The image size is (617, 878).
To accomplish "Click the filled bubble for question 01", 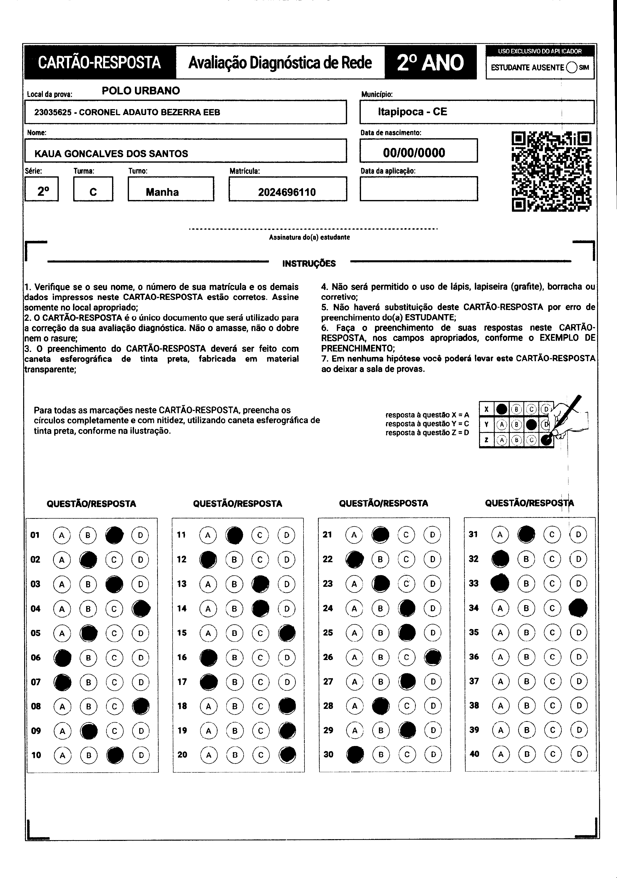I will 114,535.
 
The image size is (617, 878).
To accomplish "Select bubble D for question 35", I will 578,632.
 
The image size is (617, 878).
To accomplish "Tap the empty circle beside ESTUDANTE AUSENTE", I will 572,67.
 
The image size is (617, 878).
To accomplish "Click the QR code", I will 552,171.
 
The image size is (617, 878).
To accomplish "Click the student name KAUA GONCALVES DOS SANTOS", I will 111,154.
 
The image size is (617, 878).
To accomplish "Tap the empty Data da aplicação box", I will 419,189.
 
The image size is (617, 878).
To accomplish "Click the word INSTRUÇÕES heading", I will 309,264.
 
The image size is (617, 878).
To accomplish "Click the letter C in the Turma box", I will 93,192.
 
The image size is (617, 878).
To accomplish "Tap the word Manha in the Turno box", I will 162,192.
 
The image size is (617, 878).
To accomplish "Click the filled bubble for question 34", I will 578,608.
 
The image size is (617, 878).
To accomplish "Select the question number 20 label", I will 182,754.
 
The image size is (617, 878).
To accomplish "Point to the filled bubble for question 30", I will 355,754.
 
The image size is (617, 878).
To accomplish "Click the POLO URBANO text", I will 141,91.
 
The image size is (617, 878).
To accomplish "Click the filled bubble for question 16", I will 209,657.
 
